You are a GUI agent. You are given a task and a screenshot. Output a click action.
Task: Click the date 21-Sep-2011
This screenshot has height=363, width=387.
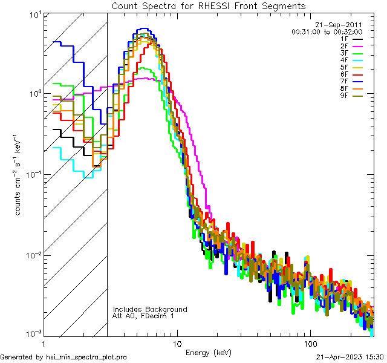[342, 25]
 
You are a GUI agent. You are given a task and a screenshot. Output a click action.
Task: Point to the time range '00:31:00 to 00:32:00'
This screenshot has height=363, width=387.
[327, 31]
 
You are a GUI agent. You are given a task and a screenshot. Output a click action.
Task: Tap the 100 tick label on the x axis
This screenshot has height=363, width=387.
[310, 342]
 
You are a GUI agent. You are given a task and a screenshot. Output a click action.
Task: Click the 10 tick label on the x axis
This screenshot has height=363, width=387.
[177, 342]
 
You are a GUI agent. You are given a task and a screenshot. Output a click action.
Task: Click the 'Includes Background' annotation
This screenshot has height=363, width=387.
[150, 310]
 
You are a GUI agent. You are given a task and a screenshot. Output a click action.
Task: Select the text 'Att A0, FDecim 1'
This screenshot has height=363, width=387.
[143, 316]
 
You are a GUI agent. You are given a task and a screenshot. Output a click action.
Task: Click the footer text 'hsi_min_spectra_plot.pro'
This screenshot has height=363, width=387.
[86, 358]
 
